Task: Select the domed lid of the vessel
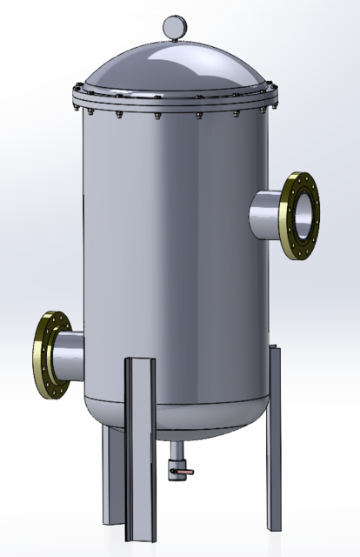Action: click(x=174, y=70)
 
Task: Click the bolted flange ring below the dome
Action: click(x=174, y=106)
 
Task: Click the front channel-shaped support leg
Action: click(x=140, y=444)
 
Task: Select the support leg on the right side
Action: click(x=274, y=435)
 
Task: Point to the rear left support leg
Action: click(x=111, y=474)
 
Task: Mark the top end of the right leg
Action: click(x=275, y=351)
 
